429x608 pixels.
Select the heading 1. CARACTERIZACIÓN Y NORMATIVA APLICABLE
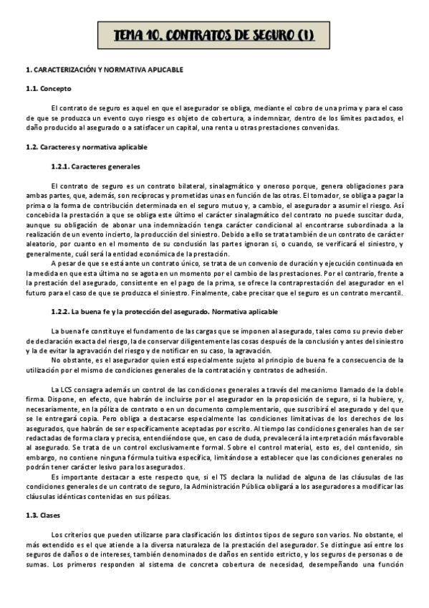(104, 70)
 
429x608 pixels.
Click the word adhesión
(308, 369)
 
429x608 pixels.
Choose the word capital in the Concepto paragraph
(266, 128)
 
